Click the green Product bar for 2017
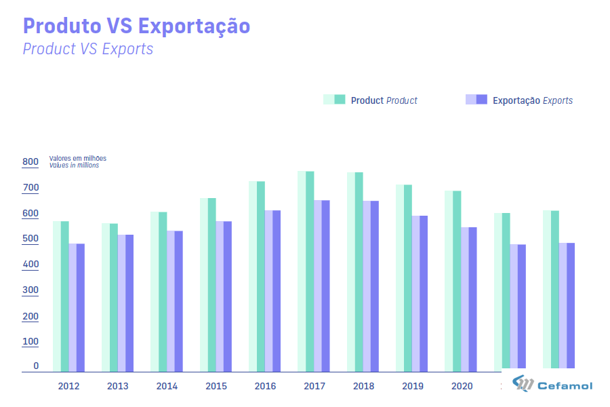306,271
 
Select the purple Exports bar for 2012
77,307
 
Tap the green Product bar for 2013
110,297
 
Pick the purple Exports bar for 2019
419,294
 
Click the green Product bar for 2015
207,285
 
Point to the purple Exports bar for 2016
272,291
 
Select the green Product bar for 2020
453,281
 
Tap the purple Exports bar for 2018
370,286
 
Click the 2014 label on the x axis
167,387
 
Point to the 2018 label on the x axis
364,387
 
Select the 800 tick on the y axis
30,162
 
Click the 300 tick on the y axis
30,290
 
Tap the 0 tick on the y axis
36,366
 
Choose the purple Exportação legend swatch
477,100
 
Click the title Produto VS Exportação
136,26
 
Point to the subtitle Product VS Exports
88,49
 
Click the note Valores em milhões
77,159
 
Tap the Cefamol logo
552,385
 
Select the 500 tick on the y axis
30,239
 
